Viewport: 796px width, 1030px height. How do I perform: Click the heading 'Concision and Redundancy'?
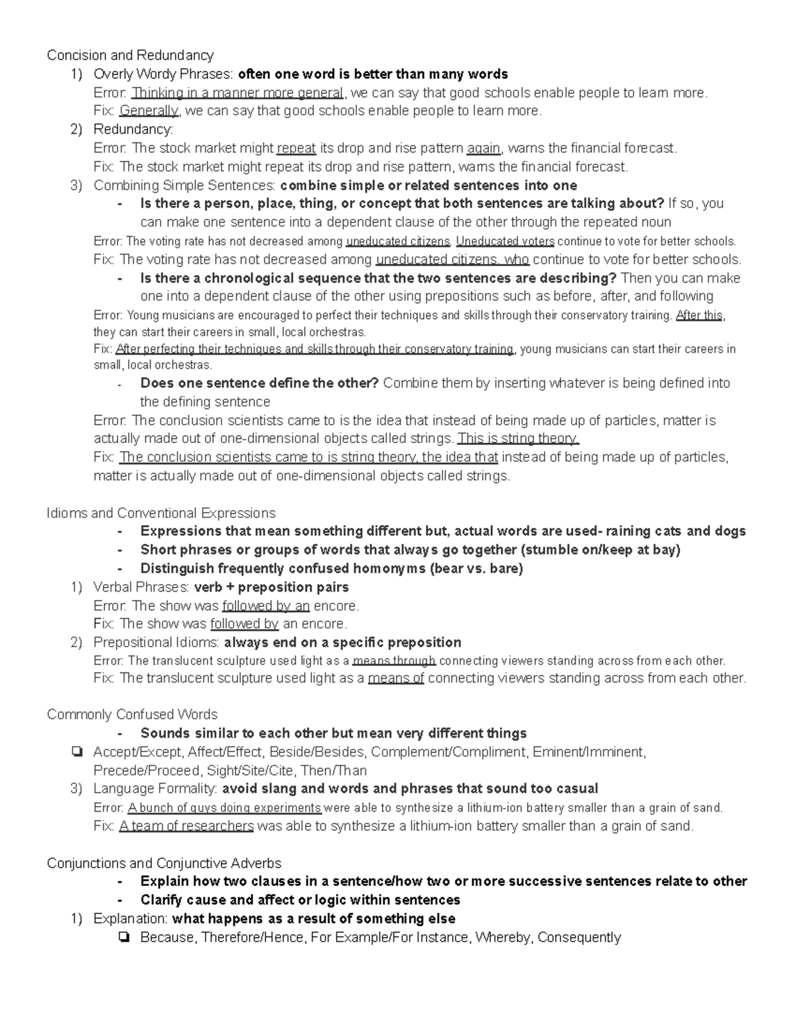pos(130,55)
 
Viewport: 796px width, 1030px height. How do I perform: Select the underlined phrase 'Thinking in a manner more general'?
pos(237,92)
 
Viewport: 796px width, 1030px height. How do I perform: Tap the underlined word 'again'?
pos(484,148)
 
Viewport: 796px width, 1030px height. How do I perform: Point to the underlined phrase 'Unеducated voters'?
pos(505,241)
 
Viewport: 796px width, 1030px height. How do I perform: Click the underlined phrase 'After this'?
pos(698,316)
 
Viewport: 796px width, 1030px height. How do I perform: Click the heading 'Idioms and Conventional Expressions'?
pos(161,513)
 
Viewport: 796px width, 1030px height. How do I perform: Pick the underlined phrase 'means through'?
pos(394,661)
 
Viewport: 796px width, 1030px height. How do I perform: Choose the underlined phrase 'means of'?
pos(395,678)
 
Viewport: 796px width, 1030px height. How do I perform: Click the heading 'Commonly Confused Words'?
pos(132,714)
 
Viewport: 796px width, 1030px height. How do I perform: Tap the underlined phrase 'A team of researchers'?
pos(186,826)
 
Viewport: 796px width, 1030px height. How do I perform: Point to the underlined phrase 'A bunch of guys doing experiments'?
pos(224,808)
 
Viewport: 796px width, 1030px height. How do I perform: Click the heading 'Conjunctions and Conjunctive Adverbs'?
pos(164,863)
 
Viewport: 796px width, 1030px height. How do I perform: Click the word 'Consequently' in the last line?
pos(578,938)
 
